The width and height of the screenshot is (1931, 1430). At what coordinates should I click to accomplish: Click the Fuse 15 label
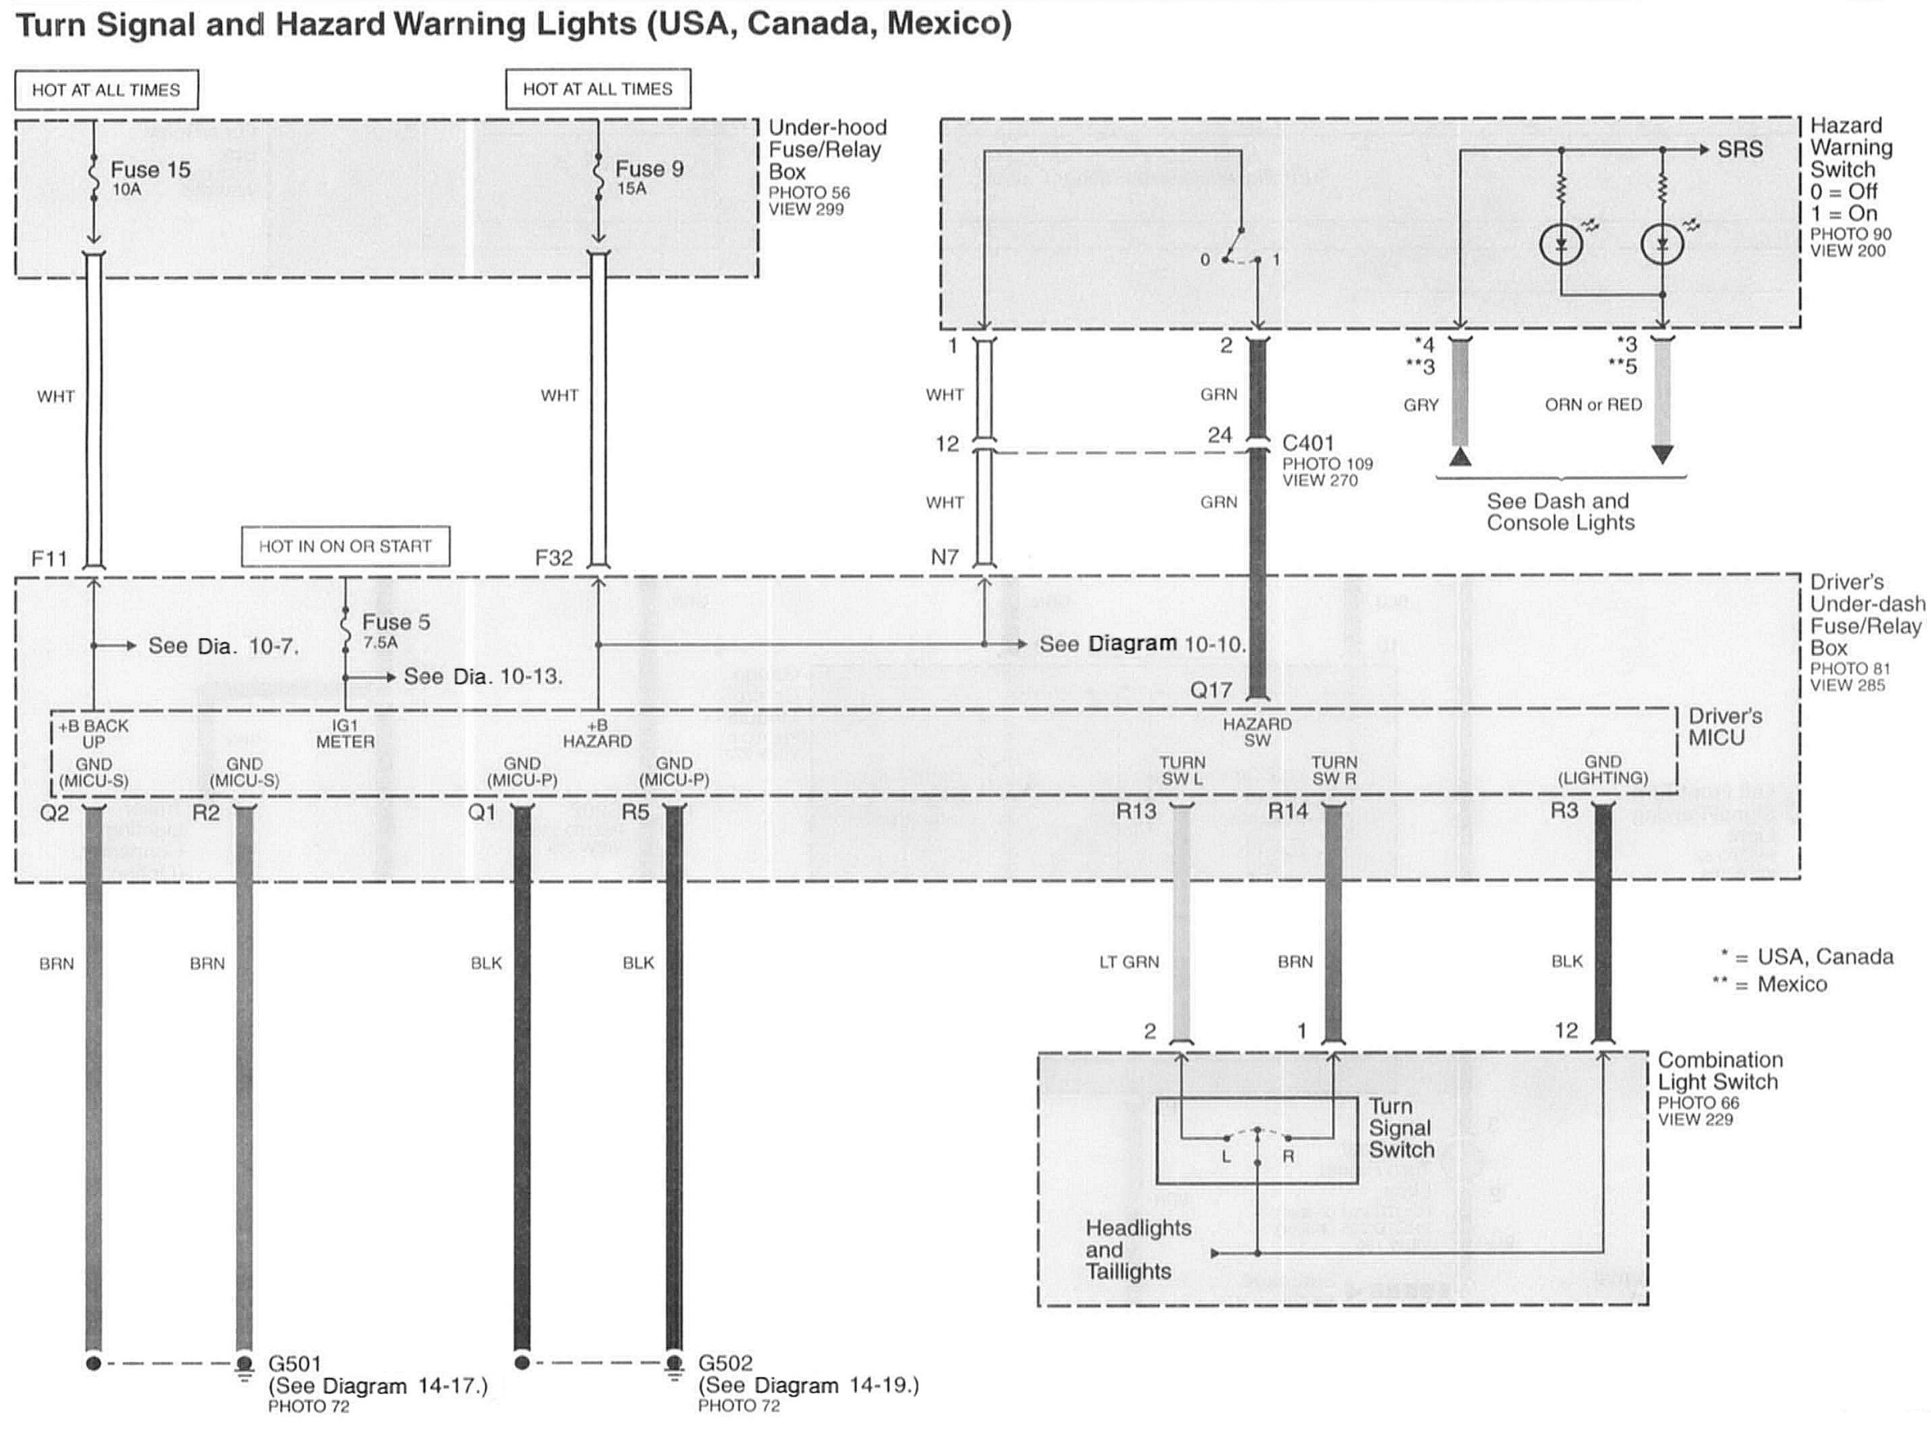coord(150,170)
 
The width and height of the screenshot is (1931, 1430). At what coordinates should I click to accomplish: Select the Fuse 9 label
coord(649,169)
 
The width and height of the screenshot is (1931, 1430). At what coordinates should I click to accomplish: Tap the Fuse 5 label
coord(396,622)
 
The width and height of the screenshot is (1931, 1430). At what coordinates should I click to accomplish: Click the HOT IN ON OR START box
coord(345,546)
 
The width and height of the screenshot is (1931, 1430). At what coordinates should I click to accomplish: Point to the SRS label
coord(1740,150)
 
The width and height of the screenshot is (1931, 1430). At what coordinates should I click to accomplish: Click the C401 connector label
coord(1308,443)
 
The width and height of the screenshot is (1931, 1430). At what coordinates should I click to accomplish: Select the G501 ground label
coord(295,1364)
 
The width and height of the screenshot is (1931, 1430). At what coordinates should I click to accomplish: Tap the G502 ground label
coord(725,1364)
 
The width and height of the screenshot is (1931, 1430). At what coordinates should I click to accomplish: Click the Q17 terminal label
coord(1211,690)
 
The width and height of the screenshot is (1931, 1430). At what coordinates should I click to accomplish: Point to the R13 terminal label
coord(1136,811)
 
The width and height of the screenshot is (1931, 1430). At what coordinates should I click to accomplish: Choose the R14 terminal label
coord(1287,811)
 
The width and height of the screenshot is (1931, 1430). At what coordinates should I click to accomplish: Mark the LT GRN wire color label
coord(1129,962)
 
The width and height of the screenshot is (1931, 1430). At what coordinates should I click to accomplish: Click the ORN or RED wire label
coord(1592,404)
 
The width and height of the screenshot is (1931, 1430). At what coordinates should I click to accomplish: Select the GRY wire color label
coord(1420,405)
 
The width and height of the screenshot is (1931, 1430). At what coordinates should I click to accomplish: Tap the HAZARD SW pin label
coord(1257,731)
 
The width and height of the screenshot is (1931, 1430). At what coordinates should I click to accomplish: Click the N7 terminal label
coord(945,557)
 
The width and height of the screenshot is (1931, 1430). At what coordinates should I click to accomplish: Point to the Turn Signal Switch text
coord(1401,1128)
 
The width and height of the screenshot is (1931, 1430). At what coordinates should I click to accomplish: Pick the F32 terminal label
coord(554,558)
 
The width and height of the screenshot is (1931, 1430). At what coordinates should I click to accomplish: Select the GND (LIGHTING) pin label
coord(1602,770)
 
